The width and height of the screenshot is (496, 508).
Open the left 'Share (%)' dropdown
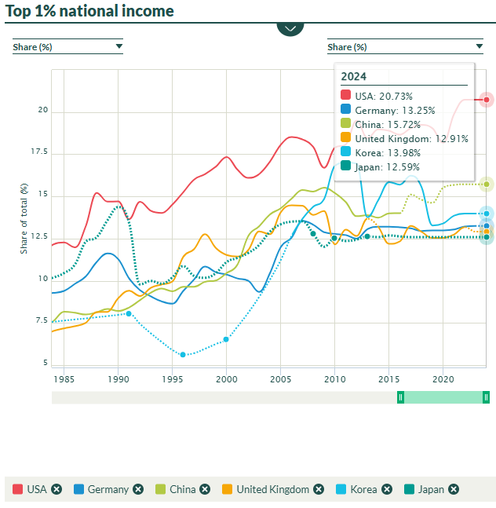click(x=67, y=46)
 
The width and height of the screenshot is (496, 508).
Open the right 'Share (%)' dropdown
click(x=382, y=46)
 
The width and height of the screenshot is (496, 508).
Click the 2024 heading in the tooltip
click(x=353, y=76)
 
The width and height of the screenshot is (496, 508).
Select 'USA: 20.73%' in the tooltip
click(x=383, y=96)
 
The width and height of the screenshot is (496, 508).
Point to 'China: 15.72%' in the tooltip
click(x=384, y=124)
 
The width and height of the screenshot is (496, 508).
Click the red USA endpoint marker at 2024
click(x=487, y=100)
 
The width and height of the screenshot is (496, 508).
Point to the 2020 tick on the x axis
click(x=443, y=378)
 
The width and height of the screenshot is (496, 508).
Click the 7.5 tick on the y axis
click(x=42, y=320)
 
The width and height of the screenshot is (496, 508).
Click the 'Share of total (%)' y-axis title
click(x=24, y=217)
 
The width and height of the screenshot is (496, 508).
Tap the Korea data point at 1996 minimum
click(x=183, y=355)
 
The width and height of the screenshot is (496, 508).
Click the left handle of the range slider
click(x=400, y=397)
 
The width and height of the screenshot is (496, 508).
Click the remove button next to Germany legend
click(x=138, y=489)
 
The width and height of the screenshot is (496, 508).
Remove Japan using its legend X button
click(x=454, y=489)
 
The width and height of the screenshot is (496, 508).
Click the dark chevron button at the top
click(x=290, y=27)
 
